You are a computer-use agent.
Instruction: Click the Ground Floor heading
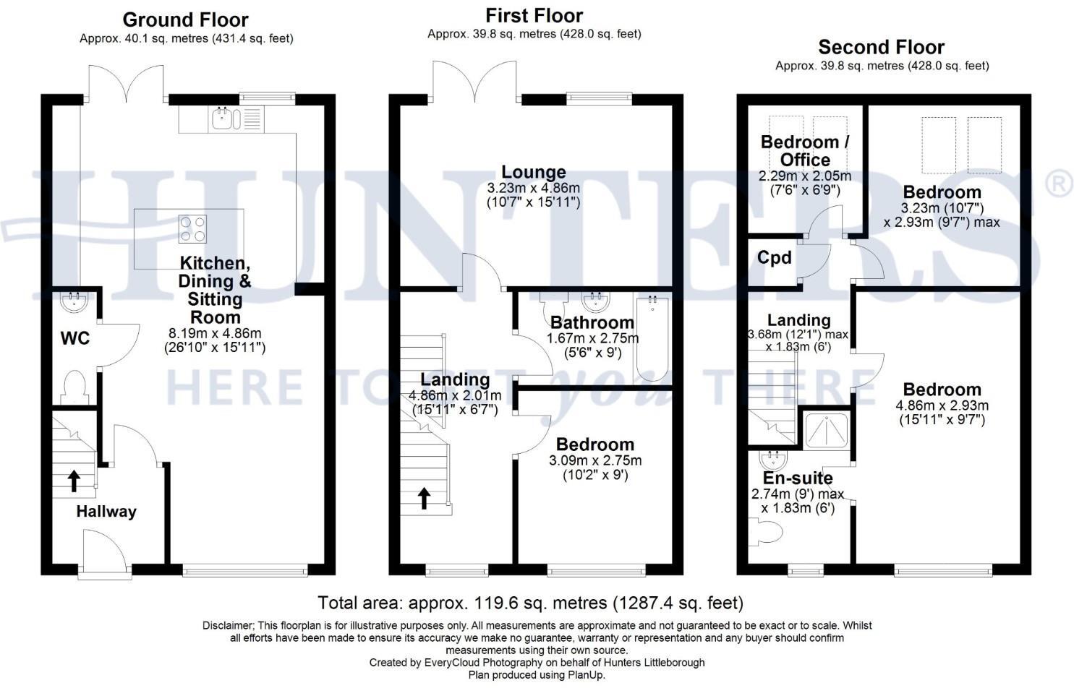point(185,20)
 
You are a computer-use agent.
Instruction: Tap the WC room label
point(75,338)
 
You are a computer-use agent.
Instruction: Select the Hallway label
point(106,512)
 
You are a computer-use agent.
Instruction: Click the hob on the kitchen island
point(192,228)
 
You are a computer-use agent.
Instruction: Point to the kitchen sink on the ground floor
point(222,119)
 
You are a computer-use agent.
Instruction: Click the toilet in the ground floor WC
point(75,387)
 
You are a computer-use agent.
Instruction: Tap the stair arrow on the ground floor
point(74,481)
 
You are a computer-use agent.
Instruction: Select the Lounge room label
point(534,173)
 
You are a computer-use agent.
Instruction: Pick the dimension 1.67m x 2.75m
point(592,338)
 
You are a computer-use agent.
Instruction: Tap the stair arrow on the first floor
point(424,498)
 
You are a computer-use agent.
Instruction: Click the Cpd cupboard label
point(774,258)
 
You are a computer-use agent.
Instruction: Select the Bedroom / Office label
point(805,150)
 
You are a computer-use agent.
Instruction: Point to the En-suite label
point(798,478)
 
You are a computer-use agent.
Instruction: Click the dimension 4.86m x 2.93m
point(942,405)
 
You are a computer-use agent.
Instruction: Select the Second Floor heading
point(881,48)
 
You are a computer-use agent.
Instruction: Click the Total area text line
point(530,603)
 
